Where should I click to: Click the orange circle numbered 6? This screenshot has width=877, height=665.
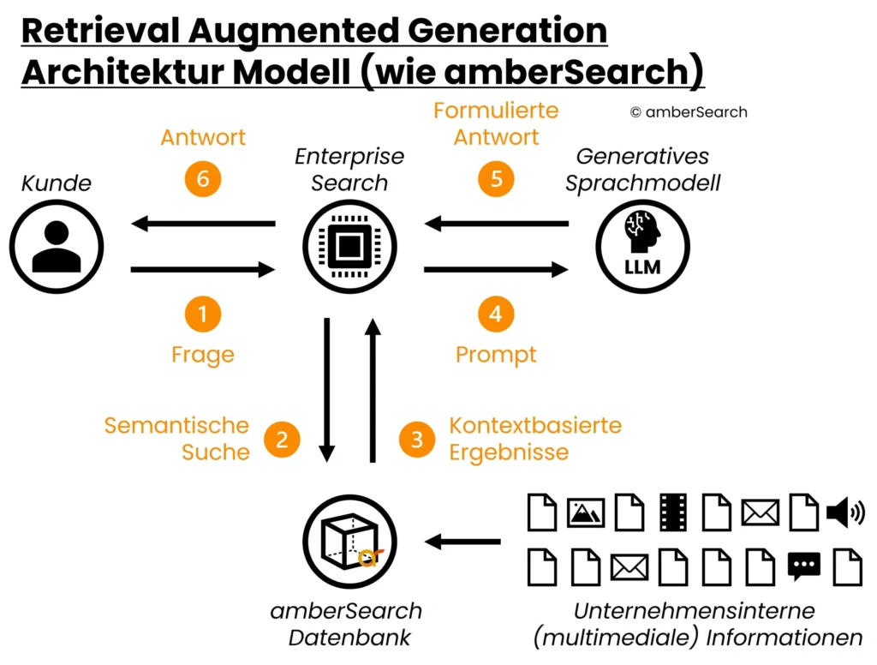pos(203,179)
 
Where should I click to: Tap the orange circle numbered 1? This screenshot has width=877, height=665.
pos(203,315)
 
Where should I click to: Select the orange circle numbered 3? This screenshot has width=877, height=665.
pos(417,440)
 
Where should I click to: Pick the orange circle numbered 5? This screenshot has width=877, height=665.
pos(496,179)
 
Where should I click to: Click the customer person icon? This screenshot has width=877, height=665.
pos(57,246)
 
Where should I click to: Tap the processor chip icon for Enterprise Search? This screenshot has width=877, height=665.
pos(349,247)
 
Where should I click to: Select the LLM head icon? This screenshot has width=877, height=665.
pos(642,247)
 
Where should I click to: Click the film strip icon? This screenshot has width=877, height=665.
pos(674,512)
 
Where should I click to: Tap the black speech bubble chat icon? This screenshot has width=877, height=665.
pos(803,566)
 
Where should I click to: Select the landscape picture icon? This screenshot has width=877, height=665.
pos(587,512)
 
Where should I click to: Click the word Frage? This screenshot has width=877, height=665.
pos(203,355)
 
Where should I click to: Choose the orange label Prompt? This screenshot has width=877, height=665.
pos(496,355)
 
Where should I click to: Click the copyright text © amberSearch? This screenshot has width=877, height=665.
pos(689,112)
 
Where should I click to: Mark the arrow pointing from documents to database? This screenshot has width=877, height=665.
pos(463,542)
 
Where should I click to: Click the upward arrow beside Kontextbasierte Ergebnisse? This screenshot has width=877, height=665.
pos(373,390)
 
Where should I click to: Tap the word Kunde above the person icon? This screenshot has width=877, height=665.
pos(57,183)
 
